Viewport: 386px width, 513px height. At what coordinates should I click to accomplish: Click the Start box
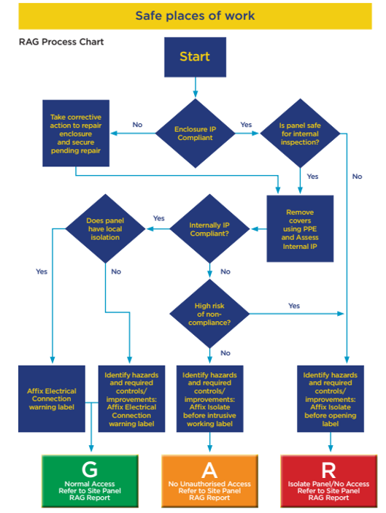point(195,57)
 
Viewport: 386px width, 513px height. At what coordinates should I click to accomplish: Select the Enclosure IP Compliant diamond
point(195,133)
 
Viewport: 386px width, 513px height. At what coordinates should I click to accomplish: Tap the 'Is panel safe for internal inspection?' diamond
point(300,133)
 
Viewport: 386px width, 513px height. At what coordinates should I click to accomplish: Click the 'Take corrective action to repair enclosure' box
point(76,133)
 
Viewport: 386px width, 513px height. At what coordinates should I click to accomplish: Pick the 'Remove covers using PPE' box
point(300,228)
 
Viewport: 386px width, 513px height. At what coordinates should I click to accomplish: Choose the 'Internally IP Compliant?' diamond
point(209,228)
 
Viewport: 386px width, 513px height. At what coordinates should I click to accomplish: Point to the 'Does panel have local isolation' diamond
point(105,228)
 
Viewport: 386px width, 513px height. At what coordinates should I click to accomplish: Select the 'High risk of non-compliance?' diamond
point(209,314)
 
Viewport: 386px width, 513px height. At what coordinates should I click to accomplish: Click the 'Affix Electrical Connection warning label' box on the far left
point(52,399)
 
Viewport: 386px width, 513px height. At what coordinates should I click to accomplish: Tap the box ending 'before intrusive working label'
point(209,399)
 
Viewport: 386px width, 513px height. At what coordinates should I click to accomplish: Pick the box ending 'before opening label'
point(331,399)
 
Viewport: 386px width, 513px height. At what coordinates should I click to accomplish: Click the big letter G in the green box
point(90,469)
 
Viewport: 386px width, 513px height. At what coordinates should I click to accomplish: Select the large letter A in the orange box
point(209,470)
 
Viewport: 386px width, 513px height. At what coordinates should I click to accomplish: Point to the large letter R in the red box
point(328,470)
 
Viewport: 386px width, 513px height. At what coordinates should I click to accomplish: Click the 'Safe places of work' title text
point(195,16)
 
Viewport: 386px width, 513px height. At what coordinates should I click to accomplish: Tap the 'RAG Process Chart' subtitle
point(61,42)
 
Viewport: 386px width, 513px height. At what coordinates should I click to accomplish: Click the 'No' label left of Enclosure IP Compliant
point(137,125)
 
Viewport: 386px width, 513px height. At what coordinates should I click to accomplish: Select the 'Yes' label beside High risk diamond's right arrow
point(294,306)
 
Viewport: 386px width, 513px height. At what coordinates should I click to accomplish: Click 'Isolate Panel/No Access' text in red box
point(328,484)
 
